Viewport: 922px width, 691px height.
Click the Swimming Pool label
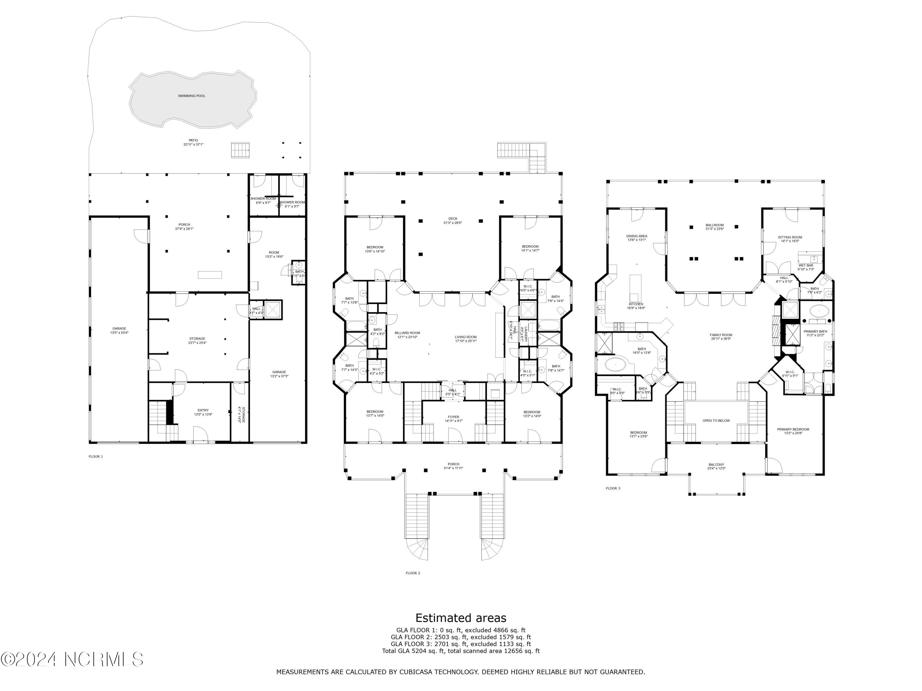(x=191, y=96)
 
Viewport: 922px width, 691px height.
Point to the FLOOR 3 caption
(x=613, y=488)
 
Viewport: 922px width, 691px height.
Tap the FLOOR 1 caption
(x=96, y=456)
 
